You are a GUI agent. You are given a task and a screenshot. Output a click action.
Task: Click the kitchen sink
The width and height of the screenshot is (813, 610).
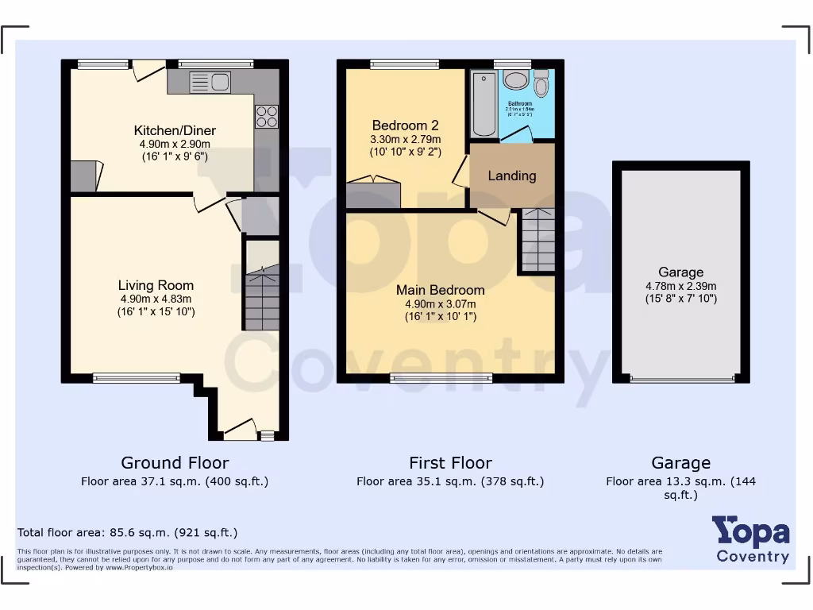[x=210, y=81]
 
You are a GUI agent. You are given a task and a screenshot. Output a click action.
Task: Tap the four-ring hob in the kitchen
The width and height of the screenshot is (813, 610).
[x=267, y=117]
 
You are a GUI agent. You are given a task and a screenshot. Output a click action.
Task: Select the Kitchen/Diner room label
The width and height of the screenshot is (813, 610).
[x=175, y=131]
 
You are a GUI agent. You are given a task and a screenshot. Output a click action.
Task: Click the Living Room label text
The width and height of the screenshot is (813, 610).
[x=156, y=285]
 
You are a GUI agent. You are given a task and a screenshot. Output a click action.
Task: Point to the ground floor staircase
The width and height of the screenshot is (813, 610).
[x=261, y=300]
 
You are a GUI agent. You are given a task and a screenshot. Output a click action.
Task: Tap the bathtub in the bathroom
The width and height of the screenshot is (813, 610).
[x=482, y=104]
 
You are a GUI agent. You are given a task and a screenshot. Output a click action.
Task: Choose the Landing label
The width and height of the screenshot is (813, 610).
[x=512, y=176]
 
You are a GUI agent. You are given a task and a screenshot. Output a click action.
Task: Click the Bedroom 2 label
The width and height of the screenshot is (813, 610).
[x=405, y=125]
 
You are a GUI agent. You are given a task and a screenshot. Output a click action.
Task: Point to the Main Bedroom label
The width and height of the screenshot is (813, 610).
[x=440, y=290]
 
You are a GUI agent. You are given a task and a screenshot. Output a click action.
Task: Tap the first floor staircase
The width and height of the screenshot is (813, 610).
[x=538, y=240]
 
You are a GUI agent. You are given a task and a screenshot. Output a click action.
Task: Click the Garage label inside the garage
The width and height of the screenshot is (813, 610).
[x=680, y=272]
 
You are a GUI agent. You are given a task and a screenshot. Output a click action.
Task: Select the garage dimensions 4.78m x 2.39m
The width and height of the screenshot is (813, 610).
[x=680, y=286]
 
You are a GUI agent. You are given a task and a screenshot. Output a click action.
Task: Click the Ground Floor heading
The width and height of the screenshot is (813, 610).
[x=175, y=463]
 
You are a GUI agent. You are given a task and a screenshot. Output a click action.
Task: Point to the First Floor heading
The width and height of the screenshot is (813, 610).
[x=450, y=463]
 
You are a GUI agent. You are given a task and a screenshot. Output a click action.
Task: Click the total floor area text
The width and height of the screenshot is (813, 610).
[x=127, y=533]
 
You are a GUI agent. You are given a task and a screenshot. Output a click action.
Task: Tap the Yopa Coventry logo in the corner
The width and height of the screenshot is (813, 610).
[x=750, y=539]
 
